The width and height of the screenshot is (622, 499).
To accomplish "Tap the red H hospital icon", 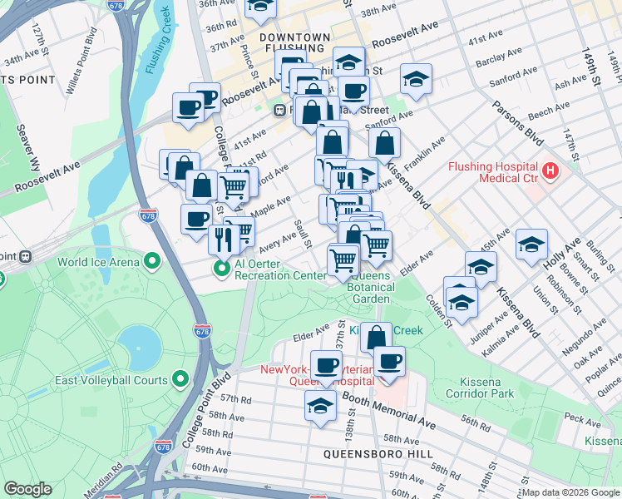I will coord(549,172).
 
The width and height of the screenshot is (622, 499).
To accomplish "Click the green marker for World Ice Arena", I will coord(151,262).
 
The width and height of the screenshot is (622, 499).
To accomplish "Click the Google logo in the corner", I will coord(27,489).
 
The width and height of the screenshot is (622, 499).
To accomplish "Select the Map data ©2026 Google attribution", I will coord(570,492).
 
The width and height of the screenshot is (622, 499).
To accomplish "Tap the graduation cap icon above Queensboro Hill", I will coord(318,407).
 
